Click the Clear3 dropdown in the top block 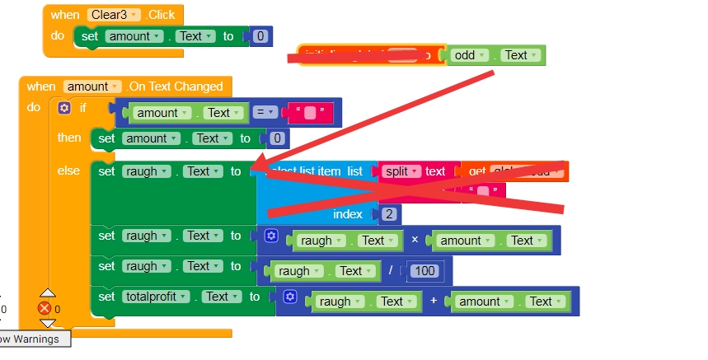(115, 14)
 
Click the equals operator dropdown (264, 113)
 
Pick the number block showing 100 (424, 271)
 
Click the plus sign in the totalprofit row (433, 302)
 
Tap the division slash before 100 (391, 271)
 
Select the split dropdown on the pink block (402, 171)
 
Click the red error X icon (45, 308)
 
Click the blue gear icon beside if (64, 108)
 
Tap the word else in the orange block (68, 171)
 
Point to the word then (69, 138)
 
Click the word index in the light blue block (348, 214)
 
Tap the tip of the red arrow (254, 167)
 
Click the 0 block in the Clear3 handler (260, 36)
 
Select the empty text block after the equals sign (309, 113)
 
